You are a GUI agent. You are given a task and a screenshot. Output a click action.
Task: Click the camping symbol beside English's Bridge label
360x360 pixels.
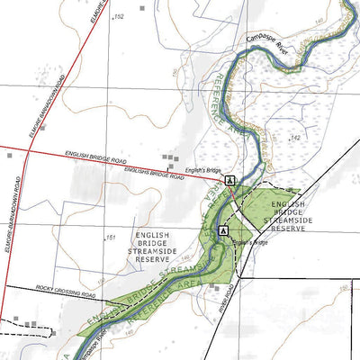(x=231, y=180)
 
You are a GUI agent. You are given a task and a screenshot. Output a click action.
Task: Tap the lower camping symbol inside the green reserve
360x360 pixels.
(x=222, y=230)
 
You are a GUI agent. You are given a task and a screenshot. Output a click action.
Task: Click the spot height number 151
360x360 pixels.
(x=111, y=238)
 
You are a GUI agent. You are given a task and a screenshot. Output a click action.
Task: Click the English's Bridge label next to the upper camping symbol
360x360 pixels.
(x=204, y=170)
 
